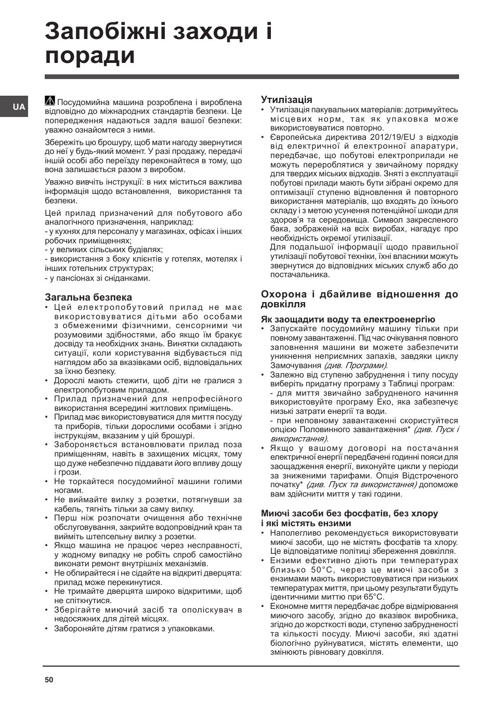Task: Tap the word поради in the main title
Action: (90, 56)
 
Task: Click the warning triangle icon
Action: (50, 101)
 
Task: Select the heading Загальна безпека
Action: (88, 297)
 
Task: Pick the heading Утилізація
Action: (286, 99)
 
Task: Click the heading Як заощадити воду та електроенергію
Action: (348, 319)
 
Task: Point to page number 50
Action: (49, 680)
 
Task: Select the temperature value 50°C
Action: (311, 569)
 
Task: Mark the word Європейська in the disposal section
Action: (295, 137)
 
